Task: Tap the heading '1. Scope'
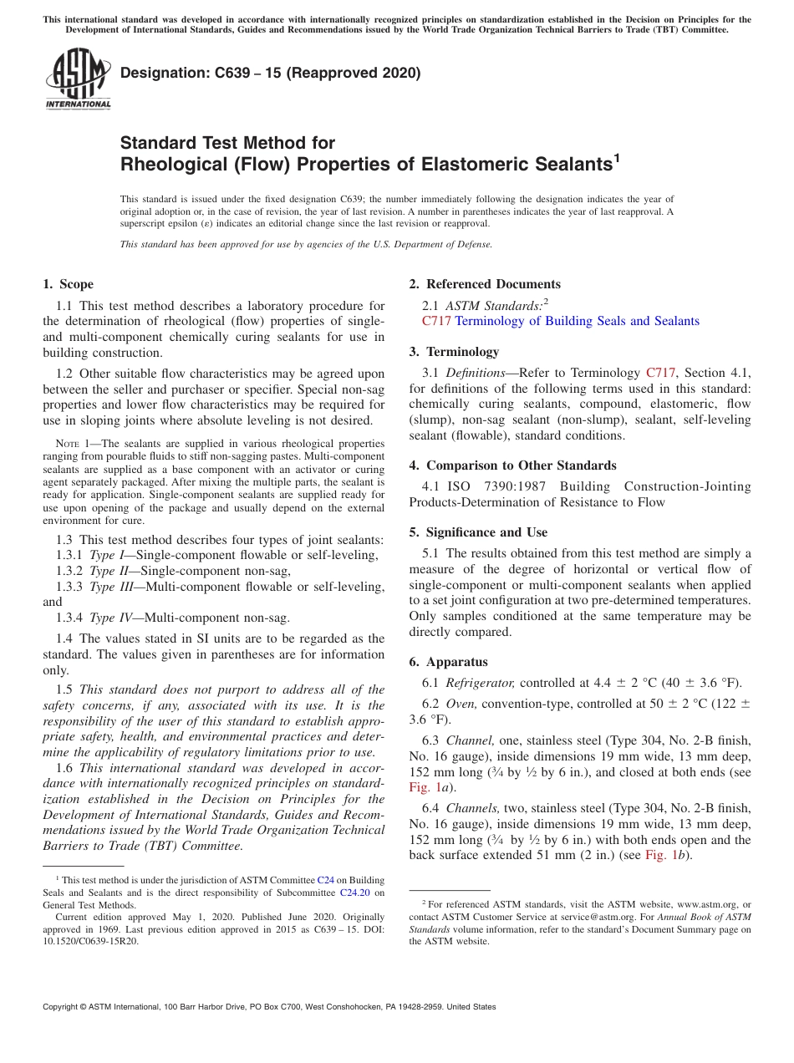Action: pyautogui.click(x=69, y=284)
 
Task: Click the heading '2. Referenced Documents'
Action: pyautogui.click(x=485, y=284)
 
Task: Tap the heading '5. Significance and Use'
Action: pyautogui.click(x=478, y=532)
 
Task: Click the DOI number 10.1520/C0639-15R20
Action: pyautogui.click(x=91, y=940)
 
